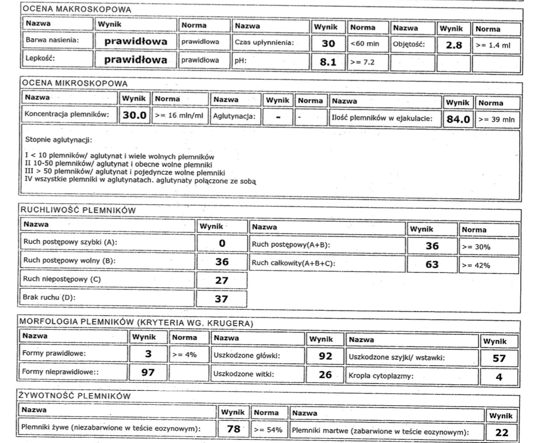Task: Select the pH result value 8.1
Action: [328, 62]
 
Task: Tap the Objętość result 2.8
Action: [454, 45]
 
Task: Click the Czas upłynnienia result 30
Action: [328, 44]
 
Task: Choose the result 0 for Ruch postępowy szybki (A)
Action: [222, 243]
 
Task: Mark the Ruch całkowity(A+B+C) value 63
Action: [432, 264]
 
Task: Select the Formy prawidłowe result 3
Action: [148, 354]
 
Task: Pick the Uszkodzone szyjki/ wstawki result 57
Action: [499, 358]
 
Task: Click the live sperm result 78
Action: [233, 428]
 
